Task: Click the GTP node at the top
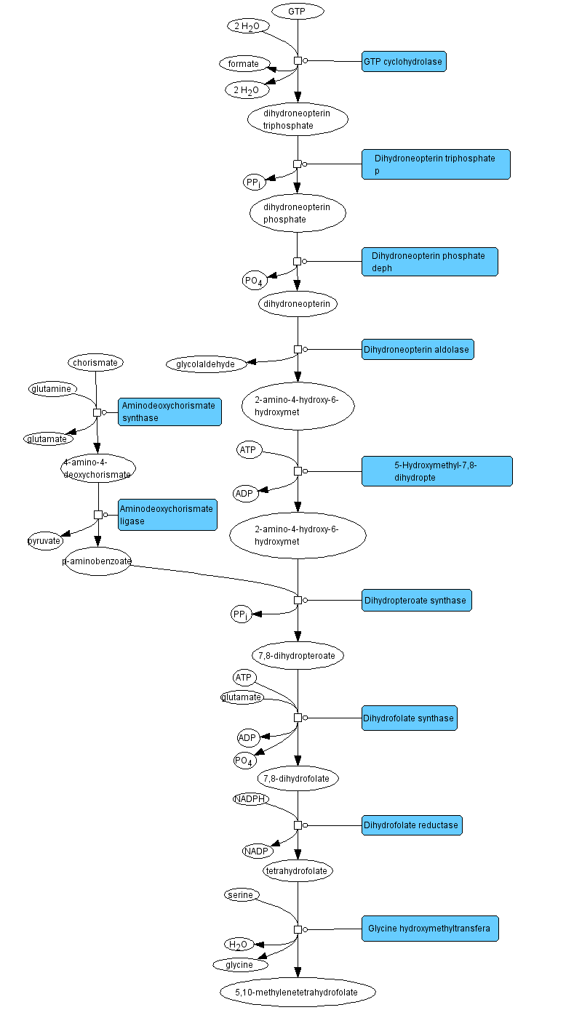298,12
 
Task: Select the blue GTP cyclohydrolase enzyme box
403,62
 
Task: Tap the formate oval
244,64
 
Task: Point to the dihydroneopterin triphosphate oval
298,120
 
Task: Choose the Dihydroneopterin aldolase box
418,350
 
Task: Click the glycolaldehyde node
207,364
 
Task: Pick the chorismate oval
96,362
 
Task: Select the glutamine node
52,389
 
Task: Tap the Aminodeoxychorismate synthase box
169,412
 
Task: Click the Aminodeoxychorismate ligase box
167,515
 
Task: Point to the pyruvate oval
45,542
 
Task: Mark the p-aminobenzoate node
98,561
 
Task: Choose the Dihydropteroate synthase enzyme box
416,601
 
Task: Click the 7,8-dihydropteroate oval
298,655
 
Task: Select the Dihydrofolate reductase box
412,825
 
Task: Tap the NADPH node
251,799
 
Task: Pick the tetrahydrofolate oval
298,870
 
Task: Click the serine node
242,895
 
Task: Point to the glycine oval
240,965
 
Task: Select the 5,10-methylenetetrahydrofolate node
298,992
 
